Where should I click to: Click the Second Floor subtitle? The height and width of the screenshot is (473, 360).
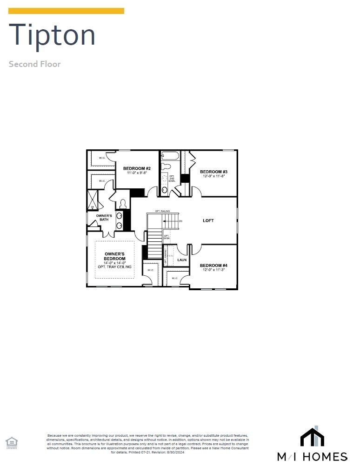coord(34,64)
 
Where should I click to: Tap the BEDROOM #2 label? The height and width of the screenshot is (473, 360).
coord(137,168)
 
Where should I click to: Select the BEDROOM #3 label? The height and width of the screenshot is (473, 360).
coord(213,172)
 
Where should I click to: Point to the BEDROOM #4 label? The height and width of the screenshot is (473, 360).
coord(213,266)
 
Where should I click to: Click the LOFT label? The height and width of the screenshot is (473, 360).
coord(208,220)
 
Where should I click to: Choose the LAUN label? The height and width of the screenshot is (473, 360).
coord(182,260)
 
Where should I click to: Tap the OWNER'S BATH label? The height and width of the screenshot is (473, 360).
coord(104,218)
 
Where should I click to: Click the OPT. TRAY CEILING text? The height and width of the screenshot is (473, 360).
coord(114,267)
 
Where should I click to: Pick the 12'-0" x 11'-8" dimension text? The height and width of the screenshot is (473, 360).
coord(213,176)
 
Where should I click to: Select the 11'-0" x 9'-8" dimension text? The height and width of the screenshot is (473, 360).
coord(137,173)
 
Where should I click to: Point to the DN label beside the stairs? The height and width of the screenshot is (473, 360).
coord(180,221)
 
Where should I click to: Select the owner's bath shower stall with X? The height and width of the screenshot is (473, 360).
coord(93,200)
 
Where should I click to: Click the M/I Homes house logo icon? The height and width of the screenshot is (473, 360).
coord(312,436)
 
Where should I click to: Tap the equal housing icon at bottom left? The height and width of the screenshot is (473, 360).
coord(11,442)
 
